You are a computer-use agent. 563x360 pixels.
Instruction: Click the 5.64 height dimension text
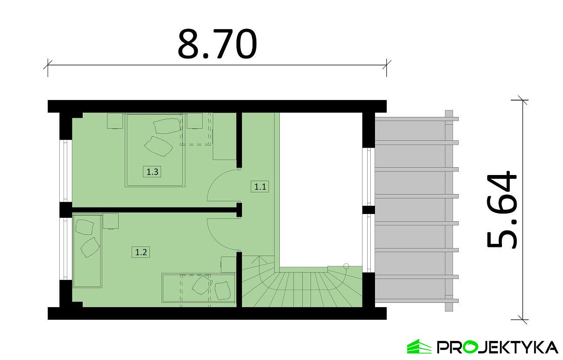(x=502, y=209)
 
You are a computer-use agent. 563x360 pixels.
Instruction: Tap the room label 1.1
(x=260, y=187)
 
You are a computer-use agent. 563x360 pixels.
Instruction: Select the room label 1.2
(x=141, y=252)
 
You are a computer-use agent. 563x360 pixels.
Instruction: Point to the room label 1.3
(x=152, y=172)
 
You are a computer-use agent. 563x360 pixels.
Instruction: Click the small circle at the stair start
(x=346, y=266)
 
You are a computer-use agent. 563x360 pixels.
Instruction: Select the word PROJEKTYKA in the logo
(x=498, y=347)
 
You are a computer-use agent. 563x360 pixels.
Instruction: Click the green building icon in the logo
(x=419, y=347)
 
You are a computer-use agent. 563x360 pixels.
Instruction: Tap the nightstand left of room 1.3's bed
(x=115, y=121)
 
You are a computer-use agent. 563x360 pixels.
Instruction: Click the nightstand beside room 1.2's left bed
(x=110, y=221)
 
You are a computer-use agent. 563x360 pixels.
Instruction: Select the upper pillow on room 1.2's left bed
(x=84, y=227)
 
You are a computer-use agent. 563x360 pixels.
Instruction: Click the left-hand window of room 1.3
(x=65, y=171)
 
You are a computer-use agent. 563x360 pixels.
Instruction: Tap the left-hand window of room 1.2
(x=65, y=249)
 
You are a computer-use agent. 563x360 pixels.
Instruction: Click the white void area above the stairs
(x=321, y=190)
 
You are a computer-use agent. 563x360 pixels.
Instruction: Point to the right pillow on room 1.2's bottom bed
(x=223, y=291)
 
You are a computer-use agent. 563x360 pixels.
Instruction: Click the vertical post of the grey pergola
(x=449, y=211)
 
